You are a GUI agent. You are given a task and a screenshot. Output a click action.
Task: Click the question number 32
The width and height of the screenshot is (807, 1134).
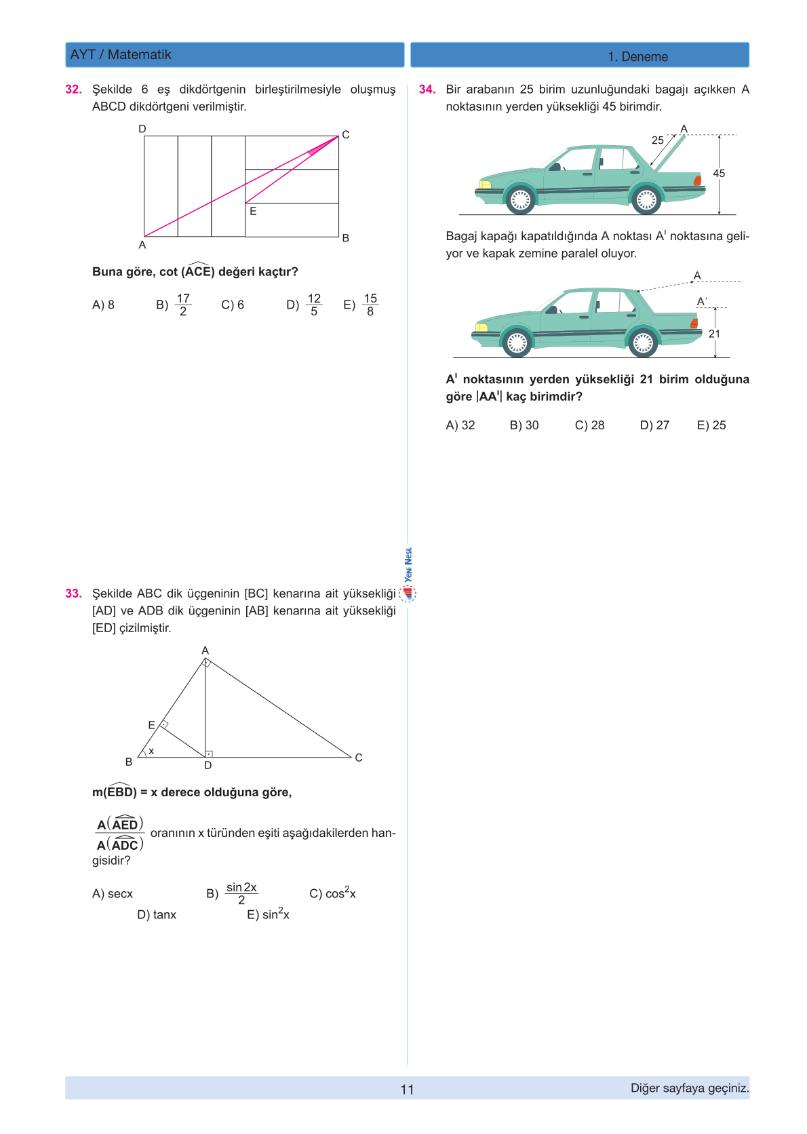coord(73,90)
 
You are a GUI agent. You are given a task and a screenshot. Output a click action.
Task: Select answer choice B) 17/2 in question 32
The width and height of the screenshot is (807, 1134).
coord(174,305)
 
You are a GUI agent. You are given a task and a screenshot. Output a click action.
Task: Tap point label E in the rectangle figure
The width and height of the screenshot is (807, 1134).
coord(253,212)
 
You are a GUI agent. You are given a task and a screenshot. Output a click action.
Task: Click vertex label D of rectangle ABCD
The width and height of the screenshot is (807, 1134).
coord(142,129)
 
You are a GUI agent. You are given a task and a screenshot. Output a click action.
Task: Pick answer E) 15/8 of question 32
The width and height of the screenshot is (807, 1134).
coord(361,305)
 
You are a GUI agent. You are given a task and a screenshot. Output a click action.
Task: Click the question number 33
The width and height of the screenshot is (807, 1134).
coord(73,593)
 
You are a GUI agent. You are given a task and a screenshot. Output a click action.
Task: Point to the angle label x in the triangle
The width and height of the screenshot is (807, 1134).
coord(151,751)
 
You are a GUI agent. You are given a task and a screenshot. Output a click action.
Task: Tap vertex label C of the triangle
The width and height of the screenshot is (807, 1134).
coord(359,758)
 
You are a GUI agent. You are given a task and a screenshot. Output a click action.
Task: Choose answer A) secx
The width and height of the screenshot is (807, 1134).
coord(113,894)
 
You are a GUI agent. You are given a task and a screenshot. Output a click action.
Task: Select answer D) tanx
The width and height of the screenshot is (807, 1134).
coord(157,915)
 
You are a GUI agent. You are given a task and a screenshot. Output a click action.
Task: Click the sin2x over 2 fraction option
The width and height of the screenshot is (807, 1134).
coord(241,894)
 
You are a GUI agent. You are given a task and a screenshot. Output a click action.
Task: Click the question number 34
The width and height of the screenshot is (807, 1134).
coord(427,90)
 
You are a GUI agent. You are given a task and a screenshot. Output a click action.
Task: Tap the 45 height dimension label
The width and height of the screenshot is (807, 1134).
coord(719,174)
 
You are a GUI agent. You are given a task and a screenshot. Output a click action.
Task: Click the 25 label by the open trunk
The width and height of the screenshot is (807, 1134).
coord(658,140)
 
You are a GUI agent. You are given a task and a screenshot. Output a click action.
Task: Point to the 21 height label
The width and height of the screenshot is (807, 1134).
coord(714,334)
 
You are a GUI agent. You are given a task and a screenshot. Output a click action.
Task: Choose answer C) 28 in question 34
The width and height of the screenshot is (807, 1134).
coord(589,425)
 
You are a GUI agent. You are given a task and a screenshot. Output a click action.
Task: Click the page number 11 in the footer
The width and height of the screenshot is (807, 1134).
coord(407,1089)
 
